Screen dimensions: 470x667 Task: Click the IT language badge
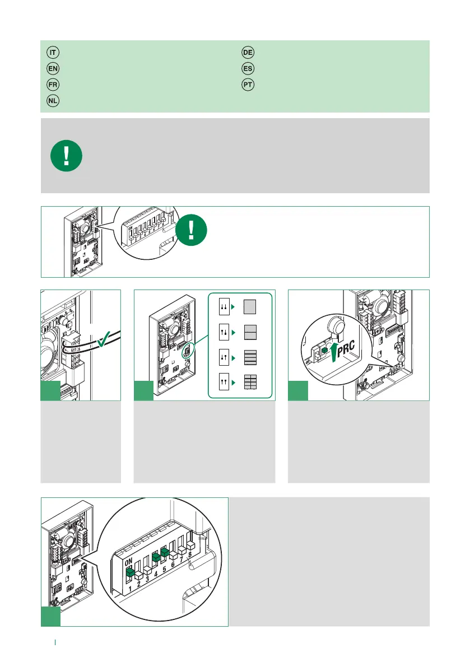point(53,52)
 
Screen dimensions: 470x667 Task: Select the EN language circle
point(53,68)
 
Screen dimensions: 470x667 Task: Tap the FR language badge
point(53,85)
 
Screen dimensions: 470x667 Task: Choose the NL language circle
point(53,101)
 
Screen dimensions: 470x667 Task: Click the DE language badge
point(248,52)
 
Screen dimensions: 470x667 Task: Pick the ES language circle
point(248,68)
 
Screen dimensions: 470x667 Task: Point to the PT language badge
point(248,85)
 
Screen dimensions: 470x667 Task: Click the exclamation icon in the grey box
point(66,156)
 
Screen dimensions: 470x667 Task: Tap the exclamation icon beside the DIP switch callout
point(192,230)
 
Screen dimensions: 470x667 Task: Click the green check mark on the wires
point(104,339)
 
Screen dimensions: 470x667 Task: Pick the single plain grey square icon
point(250,307)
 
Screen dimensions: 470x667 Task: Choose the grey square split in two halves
point(250,332)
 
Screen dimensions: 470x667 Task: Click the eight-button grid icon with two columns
point(250,382)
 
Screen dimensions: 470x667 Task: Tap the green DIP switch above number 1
point(130,572)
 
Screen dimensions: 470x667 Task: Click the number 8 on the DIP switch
point(190,554)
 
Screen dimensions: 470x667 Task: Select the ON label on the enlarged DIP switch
point(128,562)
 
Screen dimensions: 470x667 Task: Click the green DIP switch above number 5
point(165,552)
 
